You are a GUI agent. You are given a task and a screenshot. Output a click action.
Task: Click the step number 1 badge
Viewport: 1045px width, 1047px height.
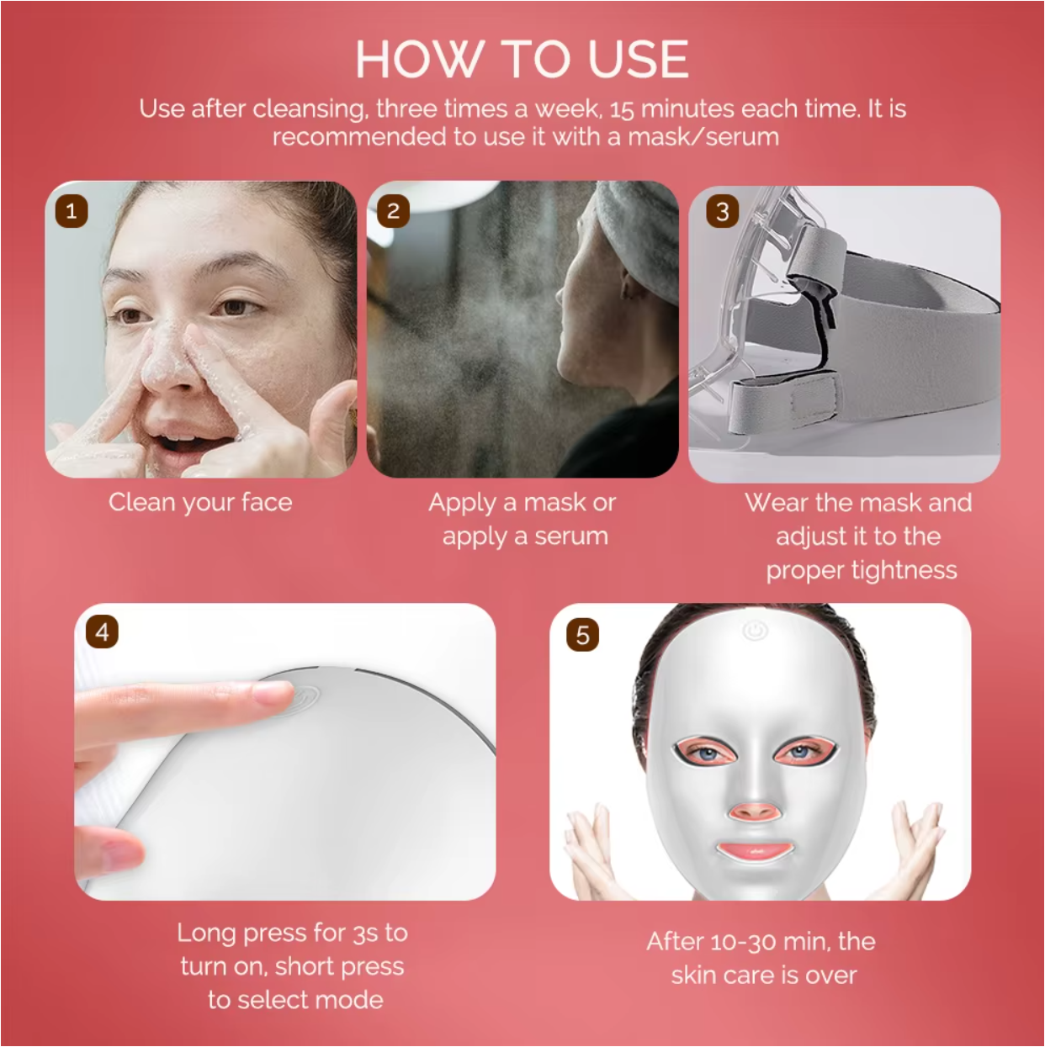click(x=72, y=211)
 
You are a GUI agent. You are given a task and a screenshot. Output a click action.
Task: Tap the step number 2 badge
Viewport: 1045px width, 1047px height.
click(x=393, y=211)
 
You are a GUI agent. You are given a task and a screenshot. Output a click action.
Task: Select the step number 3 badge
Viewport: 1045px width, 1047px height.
click(x=722, y=212)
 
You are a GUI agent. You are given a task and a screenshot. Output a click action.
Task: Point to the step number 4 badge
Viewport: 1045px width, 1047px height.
click(x=102, y=632)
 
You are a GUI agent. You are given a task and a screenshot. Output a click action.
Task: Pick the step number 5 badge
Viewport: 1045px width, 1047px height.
click(x=582, y=635)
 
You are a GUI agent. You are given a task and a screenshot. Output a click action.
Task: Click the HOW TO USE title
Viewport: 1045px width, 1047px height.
click(x=522, y=59)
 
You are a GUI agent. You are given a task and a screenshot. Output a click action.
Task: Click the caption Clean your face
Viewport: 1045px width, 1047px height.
click(x=200, y=503)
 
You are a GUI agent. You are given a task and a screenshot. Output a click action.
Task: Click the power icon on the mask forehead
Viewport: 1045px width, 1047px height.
click(x=755, y=630)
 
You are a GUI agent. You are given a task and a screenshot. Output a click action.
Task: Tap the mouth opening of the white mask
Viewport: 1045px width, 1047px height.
click(x=755, y=850)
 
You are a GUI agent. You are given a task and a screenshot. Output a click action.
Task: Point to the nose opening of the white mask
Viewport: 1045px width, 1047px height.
click(x=754, y=812)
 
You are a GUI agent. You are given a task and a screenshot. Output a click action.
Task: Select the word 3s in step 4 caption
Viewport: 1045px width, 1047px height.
click(x=365, y=933)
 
